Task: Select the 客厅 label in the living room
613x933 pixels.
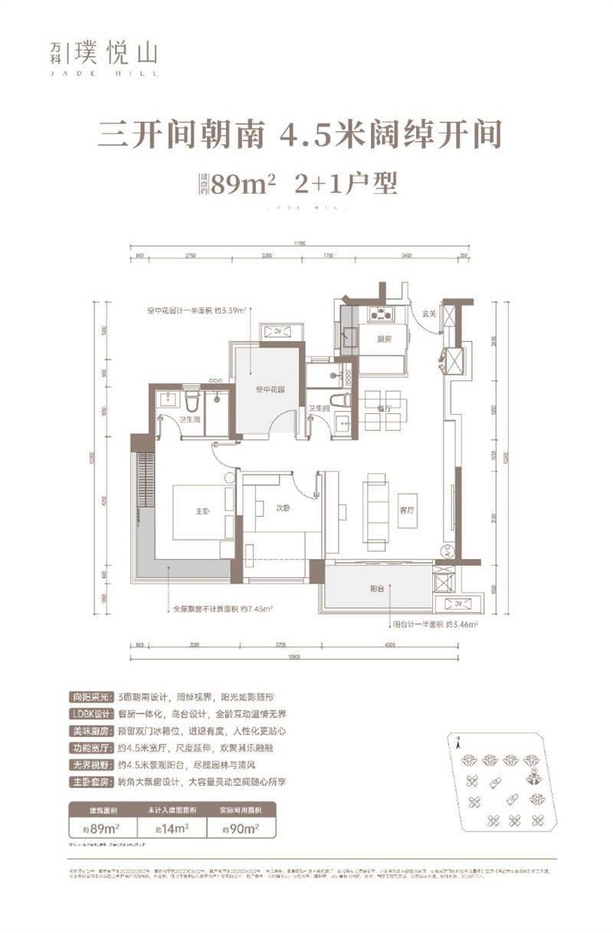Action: [406, 509]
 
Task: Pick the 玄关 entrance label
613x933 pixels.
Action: [428, 313]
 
